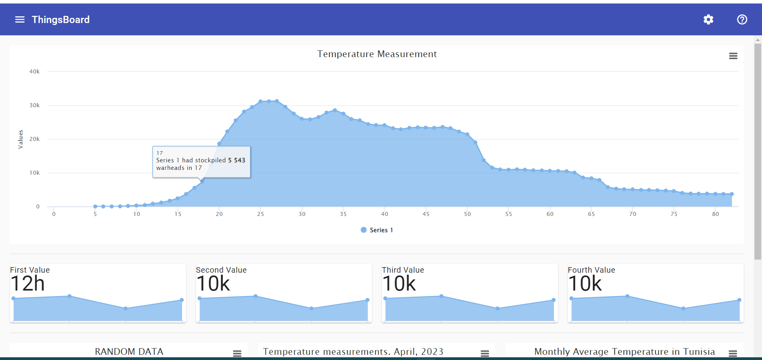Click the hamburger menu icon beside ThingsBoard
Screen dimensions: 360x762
pyautogui.click(x=20, y=19)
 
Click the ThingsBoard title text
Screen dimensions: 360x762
pyautogui.click(x=60, y=19)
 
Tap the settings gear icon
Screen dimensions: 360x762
pyautogui.click(x=708, y=19)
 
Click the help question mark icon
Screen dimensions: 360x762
pyautogui.click(x=742, y=19)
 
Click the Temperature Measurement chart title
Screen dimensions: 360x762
pyautogui.click(x=377, y=54)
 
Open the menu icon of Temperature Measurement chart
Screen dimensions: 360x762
pyautogui.click(x=733, y=56)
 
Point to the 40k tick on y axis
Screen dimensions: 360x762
pyautogui.click(x=35, y=71)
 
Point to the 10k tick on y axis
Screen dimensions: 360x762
pyautogui.click(x=35, y=173)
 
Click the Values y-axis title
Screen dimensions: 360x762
pyautogui.click(x=21, y=139)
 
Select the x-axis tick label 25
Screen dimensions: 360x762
pyautogui.click(x=260, y=214)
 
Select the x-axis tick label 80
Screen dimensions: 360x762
pyautogui.click(x=715, y=214)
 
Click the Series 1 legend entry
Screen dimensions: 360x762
pyautogui.click(x=377, y=230)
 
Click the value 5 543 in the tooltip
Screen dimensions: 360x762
pyautogui.click(x=237, y=160)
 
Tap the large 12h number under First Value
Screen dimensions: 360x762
pyautogui.click(x=27, y=284)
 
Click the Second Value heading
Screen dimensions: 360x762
pyautogui.click(x=221, y=270)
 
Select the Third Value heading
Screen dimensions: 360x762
pyautogui.click(x=403, y=270)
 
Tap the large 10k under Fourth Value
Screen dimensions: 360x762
pyautogui.click(x=585, y=284)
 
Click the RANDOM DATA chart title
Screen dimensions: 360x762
pyautogui.click(x=129, y=352)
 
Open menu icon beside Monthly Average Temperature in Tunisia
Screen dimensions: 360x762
pyautogui.click(x=733, y=353)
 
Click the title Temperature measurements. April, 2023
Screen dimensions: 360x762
pyautogui.click(x=353, y=352)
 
